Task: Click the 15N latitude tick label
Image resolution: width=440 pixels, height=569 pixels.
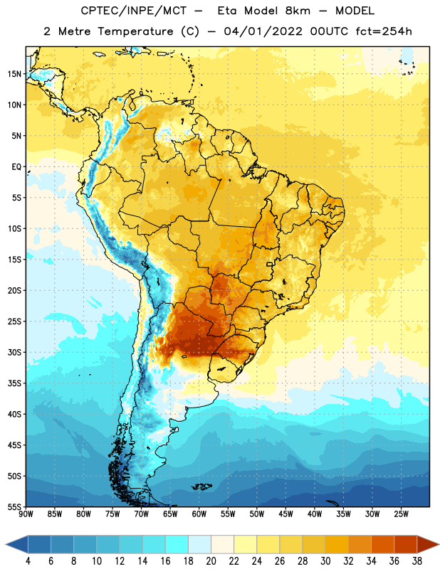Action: [x=14, y=74]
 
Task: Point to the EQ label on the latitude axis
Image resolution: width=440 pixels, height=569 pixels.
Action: [x=16, y=167]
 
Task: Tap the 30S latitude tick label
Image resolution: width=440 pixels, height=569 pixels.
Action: [x=14, y=352]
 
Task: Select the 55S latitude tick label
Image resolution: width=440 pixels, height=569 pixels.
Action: [x=14, y=507]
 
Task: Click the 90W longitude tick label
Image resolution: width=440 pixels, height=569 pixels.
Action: [x=26, y=514]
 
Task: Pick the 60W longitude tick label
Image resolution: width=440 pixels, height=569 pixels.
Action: [x=199, y=514]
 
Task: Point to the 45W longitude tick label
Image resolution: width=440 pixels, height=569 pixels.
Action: [x=286, y=514]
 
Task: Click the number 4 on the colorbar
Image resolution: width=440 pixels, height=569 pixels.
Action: [x=28, y=561]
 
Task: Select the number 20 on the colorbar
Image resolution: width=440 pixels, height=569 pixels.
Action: [x=211, y=561]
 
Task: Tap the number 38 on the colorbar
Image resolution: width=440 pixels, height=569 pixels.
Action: [x=417, y=561]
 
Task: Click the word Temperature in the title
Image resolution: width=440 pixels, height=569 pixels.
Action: [x=135, y=31]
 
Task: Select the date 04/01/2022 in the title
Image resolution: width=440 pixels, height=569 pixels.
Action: [x=263, y=31]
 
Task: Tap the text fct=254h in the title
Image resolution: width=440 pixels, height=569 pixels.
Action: [x=384, y=31]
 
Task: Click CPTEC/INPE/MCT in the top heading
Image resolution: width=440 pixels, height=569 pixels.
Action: [x=133, y=11]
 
